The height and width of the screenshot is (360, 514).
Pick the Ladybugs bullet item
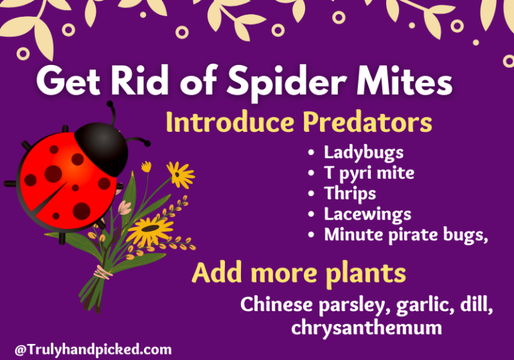point(363,153)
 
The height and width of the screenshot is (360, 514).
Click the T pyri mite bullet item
point(369,173)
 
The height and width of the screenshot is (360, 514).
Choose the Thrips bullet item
point(349,193)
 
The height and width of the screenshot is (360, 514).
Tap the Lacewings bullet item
point(367,214)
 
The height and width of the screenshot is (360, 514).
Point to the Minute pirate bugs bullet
point(406,235)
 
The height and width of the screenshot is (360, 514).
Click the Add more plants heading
point(298,273)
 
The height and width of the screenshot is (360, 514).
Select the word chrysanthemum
point(366,327)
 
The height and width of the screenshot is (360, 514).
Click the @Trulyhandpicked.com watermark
point(93,349)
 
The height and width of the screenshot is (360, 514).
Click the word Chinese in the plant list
point(275,304)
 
